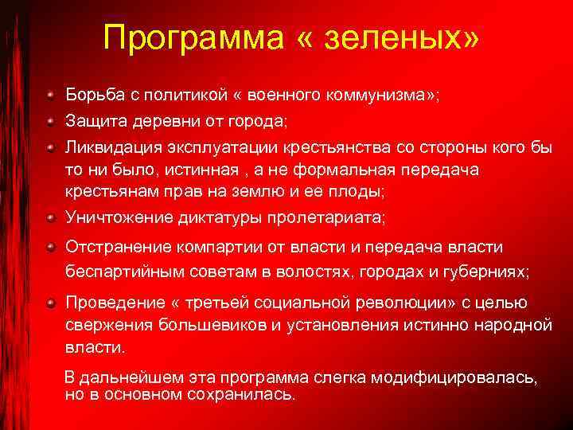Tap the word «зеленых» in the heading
tap(410, 37)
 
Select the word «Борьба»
tap(95, 96)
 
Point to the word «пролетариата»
tap(330, 217)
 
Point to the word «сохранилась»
tap(247, 394)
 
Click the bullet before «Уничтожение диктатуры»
tap(50, 217)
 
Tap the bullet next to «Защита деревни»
tap(50, 122)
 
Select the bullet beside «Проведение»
tap(50, 303)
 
